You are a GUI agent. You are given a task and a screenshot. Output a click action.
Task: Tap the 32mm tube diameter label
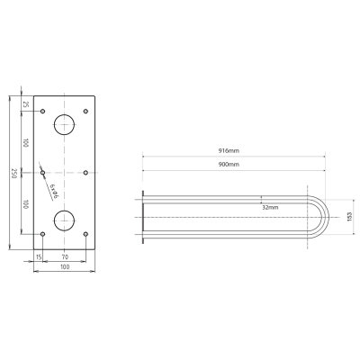click(270, 207)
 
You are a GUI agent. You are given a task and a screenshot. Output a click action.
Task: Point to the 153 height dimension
click(349, 217)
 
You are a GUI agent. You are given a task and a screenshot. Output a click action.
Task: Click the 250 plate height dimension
click(13, 173)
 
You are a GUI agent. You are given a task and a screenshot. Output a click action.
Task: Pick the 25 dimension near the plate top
click(26, 104)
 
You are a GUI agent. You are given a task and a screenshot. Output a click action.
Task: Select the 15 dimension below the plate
click(39, 256)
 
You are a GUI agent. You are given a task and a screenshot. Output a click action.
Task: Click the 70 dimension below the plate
click(65, 256)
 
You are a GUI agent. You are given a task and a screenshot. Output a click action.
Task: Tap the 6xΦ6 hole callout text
click(54, 192)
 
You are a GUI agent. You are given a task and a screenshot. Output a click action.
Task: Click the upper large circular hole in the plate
click(64, 124)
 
